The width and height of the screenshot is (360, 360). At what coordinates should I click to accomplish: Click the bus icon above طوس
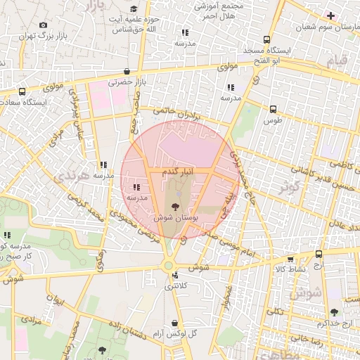tap(273, 109)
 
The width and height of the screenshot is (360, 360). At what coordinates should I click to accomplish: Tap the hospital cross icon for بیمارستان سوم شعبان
tap(330, 15)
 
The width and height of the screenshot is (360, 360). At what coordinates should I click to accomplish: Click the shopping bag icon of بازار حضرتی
tap(126, 71)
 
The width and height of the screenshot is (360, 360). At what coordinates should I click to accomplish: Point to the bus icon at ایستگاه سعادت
tap(22, 91)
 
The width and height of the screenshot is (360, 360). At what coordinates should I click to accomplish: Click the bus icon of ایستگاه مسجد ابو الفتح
tap(266, 40)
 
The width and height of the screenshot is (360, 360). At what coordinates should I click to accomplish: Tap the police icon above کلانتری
tap(174, 276)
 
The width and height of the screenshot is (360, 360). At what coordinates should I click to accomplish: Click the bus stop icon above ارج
tap(319, 254)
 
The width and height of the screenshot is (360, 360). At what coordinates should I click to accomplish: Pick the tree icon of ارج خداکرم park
tap(334, 312)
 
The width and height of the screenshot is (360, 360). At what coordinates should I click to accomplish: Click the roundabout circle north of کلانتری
tap(169, 265)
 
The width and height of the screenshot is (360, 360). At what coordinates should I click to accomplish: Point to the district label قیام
tap(337, 62)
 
